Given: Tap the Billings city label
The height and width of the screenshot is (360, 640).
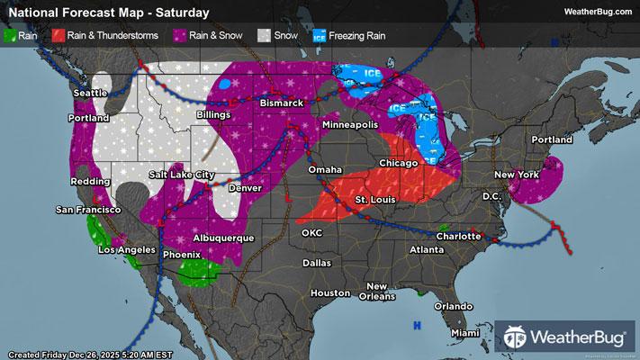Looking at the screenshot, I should pyautogui.click(x=216, y=115).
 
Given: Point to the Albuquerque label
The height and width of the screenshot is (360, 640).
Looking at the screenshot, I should pyautogui.click(x=224, y=238).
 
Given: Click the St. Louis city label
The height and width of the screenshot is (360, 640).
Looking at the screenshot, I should pyautogui.click(x=374, y=198).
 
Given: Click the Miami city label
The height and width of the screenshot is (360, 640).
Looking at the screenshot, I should pyautogui.click(x=466, y=333).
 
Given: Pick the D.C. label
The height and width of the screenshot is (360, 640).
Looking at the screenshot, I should pyautogui.click(x=491, y=195).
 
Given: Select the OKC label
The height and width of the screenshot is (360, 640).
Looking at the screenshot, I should pyautogui.click(x=311, y=232).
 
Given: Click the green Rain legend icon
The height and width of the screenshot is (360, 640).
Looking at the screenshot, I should pyautogui.click(x=11, y=36).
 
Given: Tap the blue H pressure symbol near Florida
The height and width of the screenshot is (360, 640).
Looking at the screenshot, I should pyautogui.click(x=416, y=325).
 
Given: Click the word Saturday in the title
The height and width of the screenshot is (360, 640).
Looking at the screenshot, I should pyautogui.click(x=180, y=13).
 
